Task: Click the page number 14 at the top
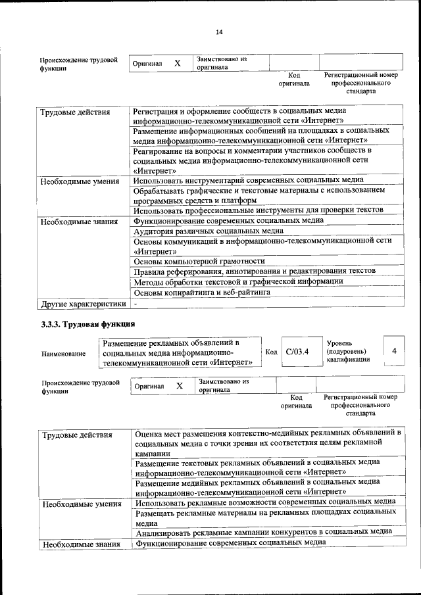[x=219, y=32]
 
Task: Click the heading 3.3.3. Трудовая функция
[x=88, y=323]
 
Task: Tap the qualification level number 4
[x=393, y=351]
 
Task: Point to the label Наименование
[x=63, y=354]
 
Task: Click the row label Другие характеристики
[x=83, y=304]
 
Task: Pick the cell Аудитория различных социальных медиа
[x=208, y=231]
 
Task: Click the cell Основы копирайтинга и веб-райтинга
[x=201, y=292]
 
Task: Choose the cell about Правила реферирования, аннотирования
[x=255, y=271]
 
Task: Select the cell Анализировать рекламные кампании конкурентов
[x=264, y=531]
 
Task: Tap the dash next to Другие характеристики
[x=135, y=304]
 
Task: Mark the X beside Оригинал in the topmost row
[x=177, y=63]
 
